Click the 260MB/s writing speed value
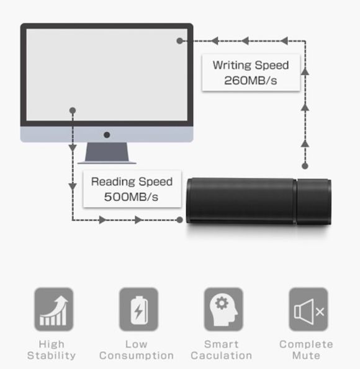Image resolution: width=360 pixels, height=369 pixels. click(250, 81)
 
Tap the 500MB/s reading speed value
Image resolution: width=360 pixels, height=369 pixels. click(131, 197)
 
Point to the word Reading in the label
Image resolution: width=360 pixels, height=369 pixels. click(113, 182)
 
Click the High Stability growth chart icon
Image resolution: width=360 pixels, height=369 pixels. click(54, 309)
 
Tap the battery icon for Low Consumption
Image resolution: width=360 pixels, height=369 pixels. click(138, 309)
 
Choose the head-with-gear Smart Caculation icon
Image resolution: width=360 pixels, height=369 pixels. click(223, 309)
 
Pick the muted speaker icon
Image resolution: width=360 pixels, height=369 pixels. click(308, 309)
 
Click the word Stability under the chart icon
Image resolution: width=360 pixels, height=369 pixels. click(52, 355)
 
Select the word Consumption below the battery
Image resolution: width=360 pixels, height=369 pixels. click(137, 355)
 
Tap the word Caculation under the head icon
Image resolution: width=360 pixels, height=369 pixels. click(222, 355)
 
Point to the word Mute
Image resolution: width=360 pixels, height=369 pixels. click(306, 355)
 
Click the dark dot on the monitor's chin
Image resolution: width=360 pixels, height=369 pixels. click(107, 135)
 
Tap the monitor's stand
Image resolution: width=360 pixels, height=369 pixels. click(107, 153)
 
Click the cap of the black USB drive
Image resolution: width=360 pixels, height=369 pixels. click(314, 202)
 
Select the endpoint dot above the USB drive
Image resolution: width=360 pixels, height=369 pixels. click(305, 166)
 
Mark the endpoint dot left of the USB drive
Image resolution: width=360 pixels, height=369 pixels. click(179, 220)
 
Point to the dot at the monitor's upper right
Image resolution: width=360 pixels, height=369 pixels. click(179, 41)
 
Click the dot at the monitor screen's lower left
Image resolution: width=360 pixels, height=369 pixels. click(73, 110)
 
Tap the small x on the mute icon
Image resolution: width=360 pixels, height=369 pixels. click(320, 312)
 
